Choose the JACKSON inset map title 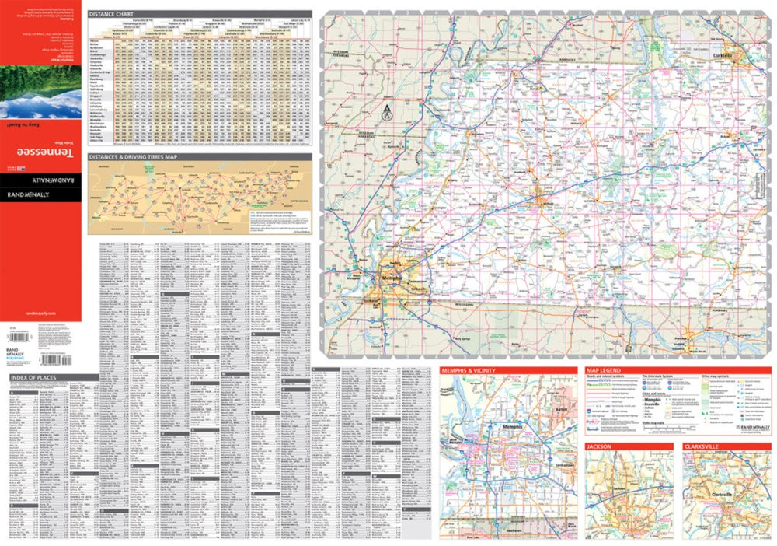point(600,447)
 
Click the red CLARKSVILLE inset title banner point(704,447)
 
